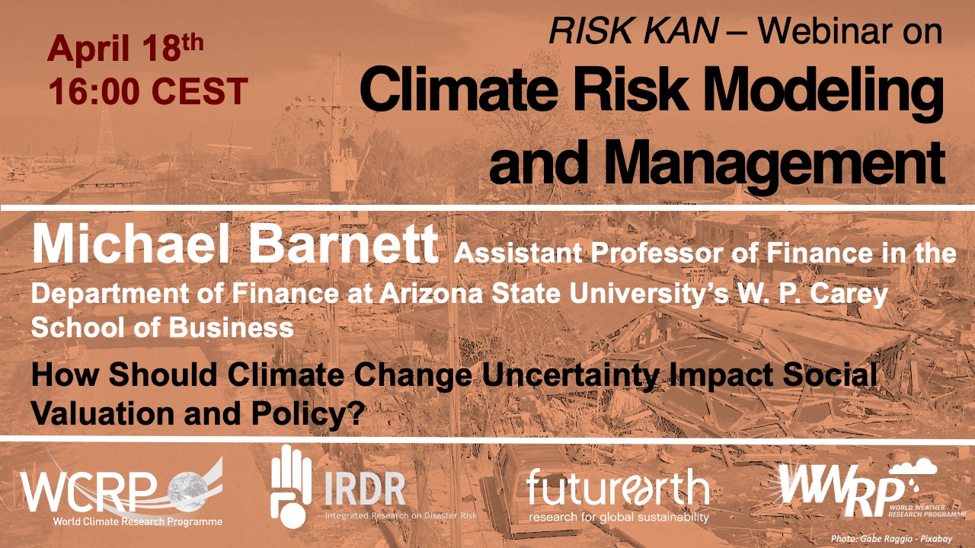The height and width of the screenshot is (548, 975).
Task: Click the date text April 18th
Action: point(126,49)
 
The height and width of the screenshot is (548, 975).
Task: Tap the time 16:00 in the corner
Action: point(94,91)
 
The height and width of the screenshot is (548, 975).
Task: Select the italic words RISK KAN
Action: point(633,31)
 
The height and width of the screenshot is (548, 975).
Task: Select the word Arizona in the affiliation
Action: point(431,293)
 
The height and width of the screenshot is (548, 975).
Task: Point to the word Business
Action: point(231,327)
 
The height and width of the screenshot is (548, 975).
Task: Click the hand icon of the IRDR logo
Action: point(290,486)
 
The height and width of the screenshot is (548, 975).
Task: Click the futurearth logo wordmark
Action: point(618,487)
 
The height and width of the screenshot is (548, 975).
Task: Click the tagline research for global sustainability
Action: point(619,518)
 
